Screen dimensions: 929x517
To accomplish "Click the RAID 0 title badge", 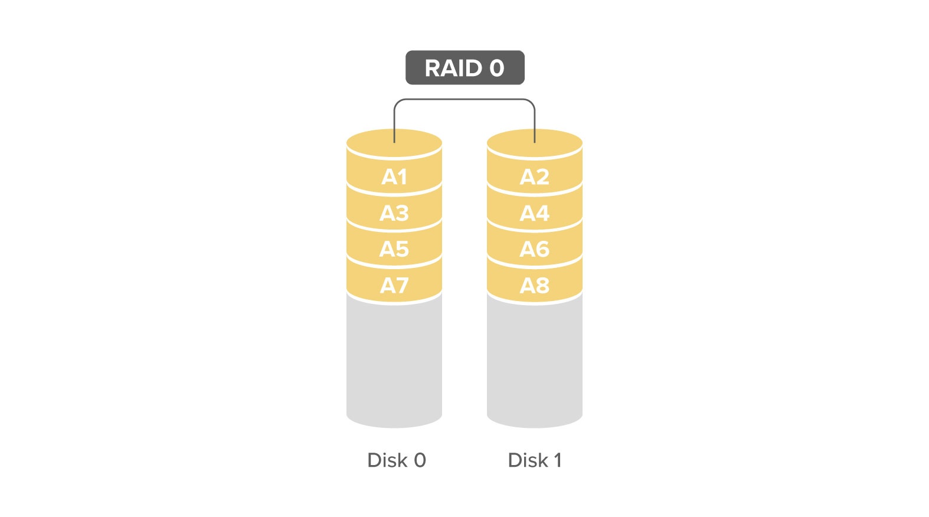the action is [x=465, y=68].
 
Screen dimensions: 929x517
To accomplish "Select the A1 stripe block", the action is [x=394, y=176].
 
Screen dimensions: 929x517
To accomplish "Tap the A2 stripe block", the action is [x=535, y=176].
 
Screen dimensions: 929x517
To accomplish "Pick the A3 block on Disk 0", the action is [x=394, y=212].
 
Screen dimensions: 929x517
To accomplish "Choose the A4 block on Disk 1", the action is [x=535, y=212].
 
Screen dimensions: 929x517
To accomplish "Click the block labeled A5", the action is [x=394, y=248].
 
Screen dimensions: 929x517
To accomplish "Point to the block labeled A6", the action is [x=535, y=248].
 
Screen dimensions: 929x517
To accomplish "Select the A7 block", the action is [x=394, y=285].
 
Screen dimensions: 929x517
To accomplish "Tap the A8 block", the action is [x=535, y=285].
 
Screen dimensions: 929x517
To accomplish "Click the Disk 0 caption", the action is [x=397, y=460].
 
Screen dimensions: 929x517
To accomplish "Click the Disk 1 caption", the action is [x=535, y=460].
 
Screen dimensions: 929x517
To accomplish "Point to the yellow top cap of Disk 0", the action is [x=394, y=143].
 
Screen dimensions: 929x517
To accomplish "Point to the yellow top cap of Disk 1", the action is [x=535, y=143].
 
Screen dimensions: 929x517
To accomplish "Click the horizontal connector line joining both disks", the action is [x=464, y=99].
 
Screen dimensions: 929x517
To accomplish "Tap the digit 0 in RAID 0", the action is [x=496, y=68].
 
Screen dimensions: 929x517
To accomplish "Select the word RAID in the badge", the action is [x=453, y=68].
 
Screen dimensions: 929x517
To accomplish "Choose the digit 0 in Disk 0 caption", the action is [x=420, y=460].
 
